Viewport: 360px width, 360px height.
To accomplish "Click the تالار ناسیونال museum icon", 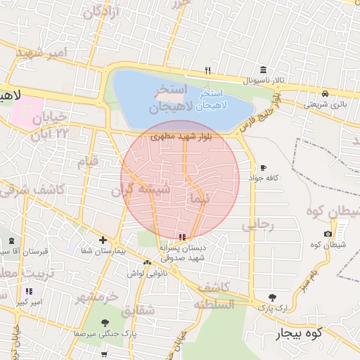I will [x=263, y=70].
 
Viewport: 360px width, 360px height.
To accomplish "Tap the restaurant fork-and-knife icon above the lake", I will [x=207, y=70].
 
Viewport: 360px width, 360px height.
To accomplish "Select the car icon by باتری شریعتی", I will [x=325, y=94].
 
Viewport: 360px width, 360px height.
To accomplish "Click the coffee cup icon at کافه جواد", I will [x=263, y=168].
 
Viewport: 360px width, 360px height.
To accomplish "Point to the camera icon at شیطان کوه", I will [x=328, y=233].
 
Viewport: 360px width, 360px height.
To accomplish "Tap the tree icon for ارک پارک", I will [x=273, y=297].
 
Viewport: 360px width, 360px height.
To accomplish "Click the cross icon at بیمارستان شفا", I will [x=103, y=240].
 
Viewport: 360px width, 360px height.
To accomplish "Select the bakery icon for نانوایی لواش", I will [x=147, y=262].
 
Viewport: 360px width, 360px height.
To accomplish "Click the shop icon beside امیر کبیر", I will [x=29, y=291].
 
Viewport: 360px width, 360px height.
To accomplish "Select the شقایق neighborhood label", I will [x=138, y=309].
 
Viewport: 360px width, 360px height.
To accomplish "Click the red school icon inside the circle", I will [x=183, y=237].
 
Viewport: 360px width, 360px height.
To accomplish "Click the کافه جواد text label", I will [x=267, y=179].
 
